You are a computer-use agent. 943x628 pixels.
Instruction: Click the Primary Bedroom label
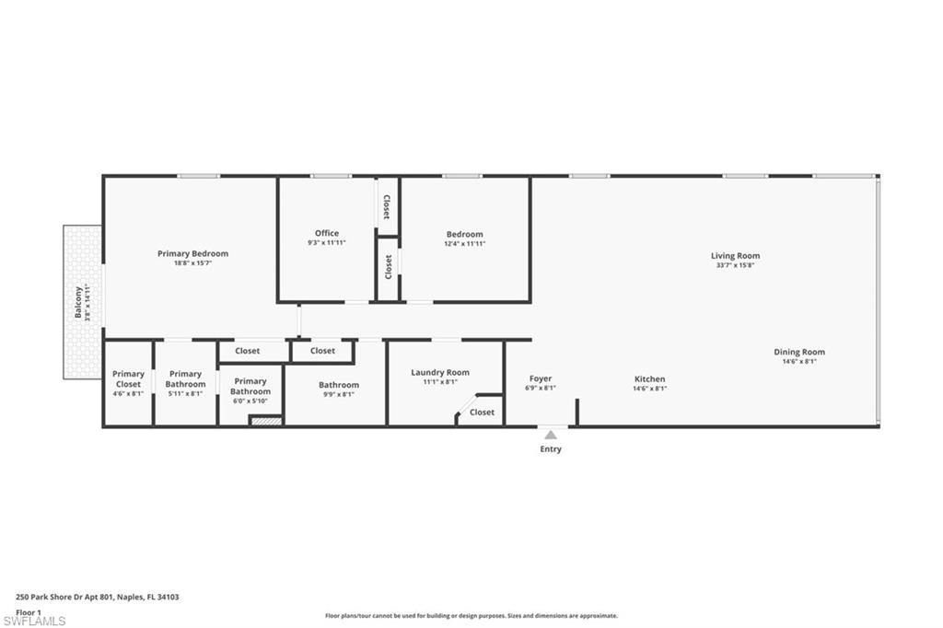(192, 253)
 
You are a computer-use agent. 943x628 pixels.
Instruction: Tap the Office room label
(327, 233)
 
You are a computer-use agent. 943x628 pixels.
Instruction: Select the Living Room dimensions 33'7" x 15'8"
(735, 264)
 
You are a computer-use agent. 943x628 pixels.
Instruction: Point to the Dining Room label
(799, 352)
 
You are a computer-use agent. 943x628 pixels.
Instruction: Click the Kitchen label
(649, 379)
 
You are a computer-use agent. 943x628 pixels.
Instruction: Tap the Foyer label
(540, 378)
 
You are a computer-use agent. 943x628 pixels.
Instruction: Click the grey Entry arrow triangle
(551, 435)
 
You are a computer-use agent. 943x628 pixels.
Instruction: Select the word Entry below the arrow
(551, 448)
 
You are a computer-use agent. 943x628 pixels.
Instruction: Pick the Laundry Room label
(440, 372)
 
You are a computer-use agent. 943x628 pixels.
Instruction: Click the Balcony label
(78, 302)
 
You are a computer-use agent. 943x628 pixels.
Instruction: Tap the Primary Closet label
(128, 379)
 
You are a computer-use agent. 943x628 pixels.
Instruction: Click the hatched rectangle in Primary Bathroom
(265, 421)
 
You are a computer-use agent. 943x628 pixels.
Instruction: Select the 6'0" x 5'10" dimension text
(250, 401)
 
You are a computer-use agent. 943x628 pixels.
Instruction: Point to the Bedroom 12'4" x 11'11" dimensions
(464, 244)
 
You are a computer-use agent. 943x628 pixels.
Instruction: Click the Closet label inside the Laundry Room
(482, 412)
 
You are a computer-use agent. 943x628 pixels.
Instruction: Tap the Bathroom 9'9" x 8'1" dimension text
(339, 394)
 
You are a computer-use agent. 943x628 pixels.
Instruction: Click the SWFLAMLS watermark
(34, 621)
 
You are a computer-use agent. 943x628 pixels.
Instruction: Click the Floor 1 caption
(29, 612)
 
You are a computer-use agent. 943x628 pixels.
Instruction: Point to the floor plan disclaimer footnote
(471, 615)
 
